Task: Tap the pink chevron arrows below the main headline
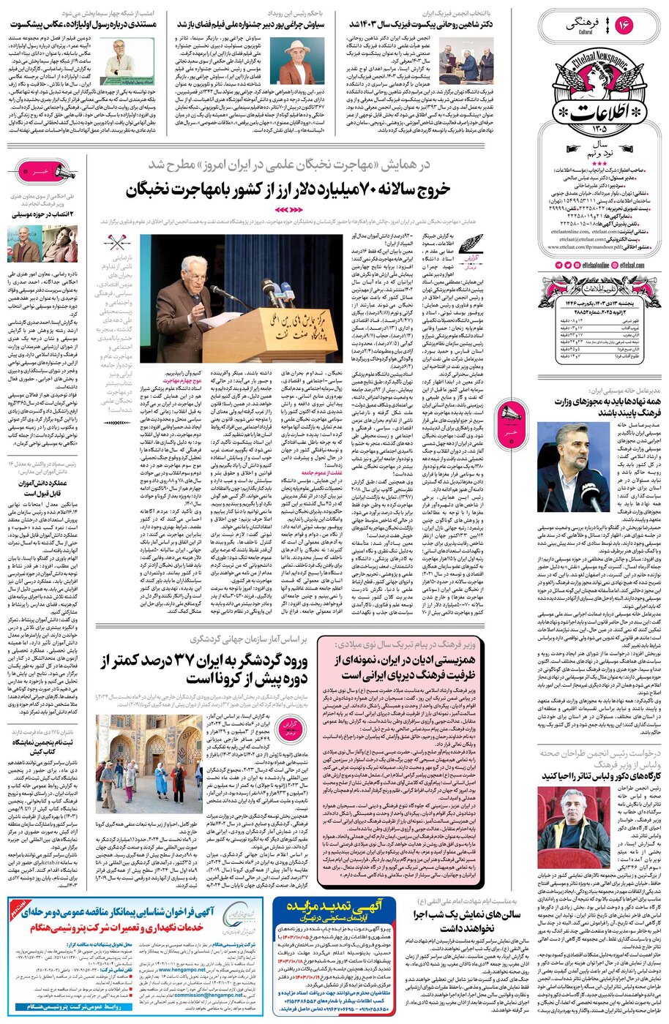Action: point(288,210)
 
